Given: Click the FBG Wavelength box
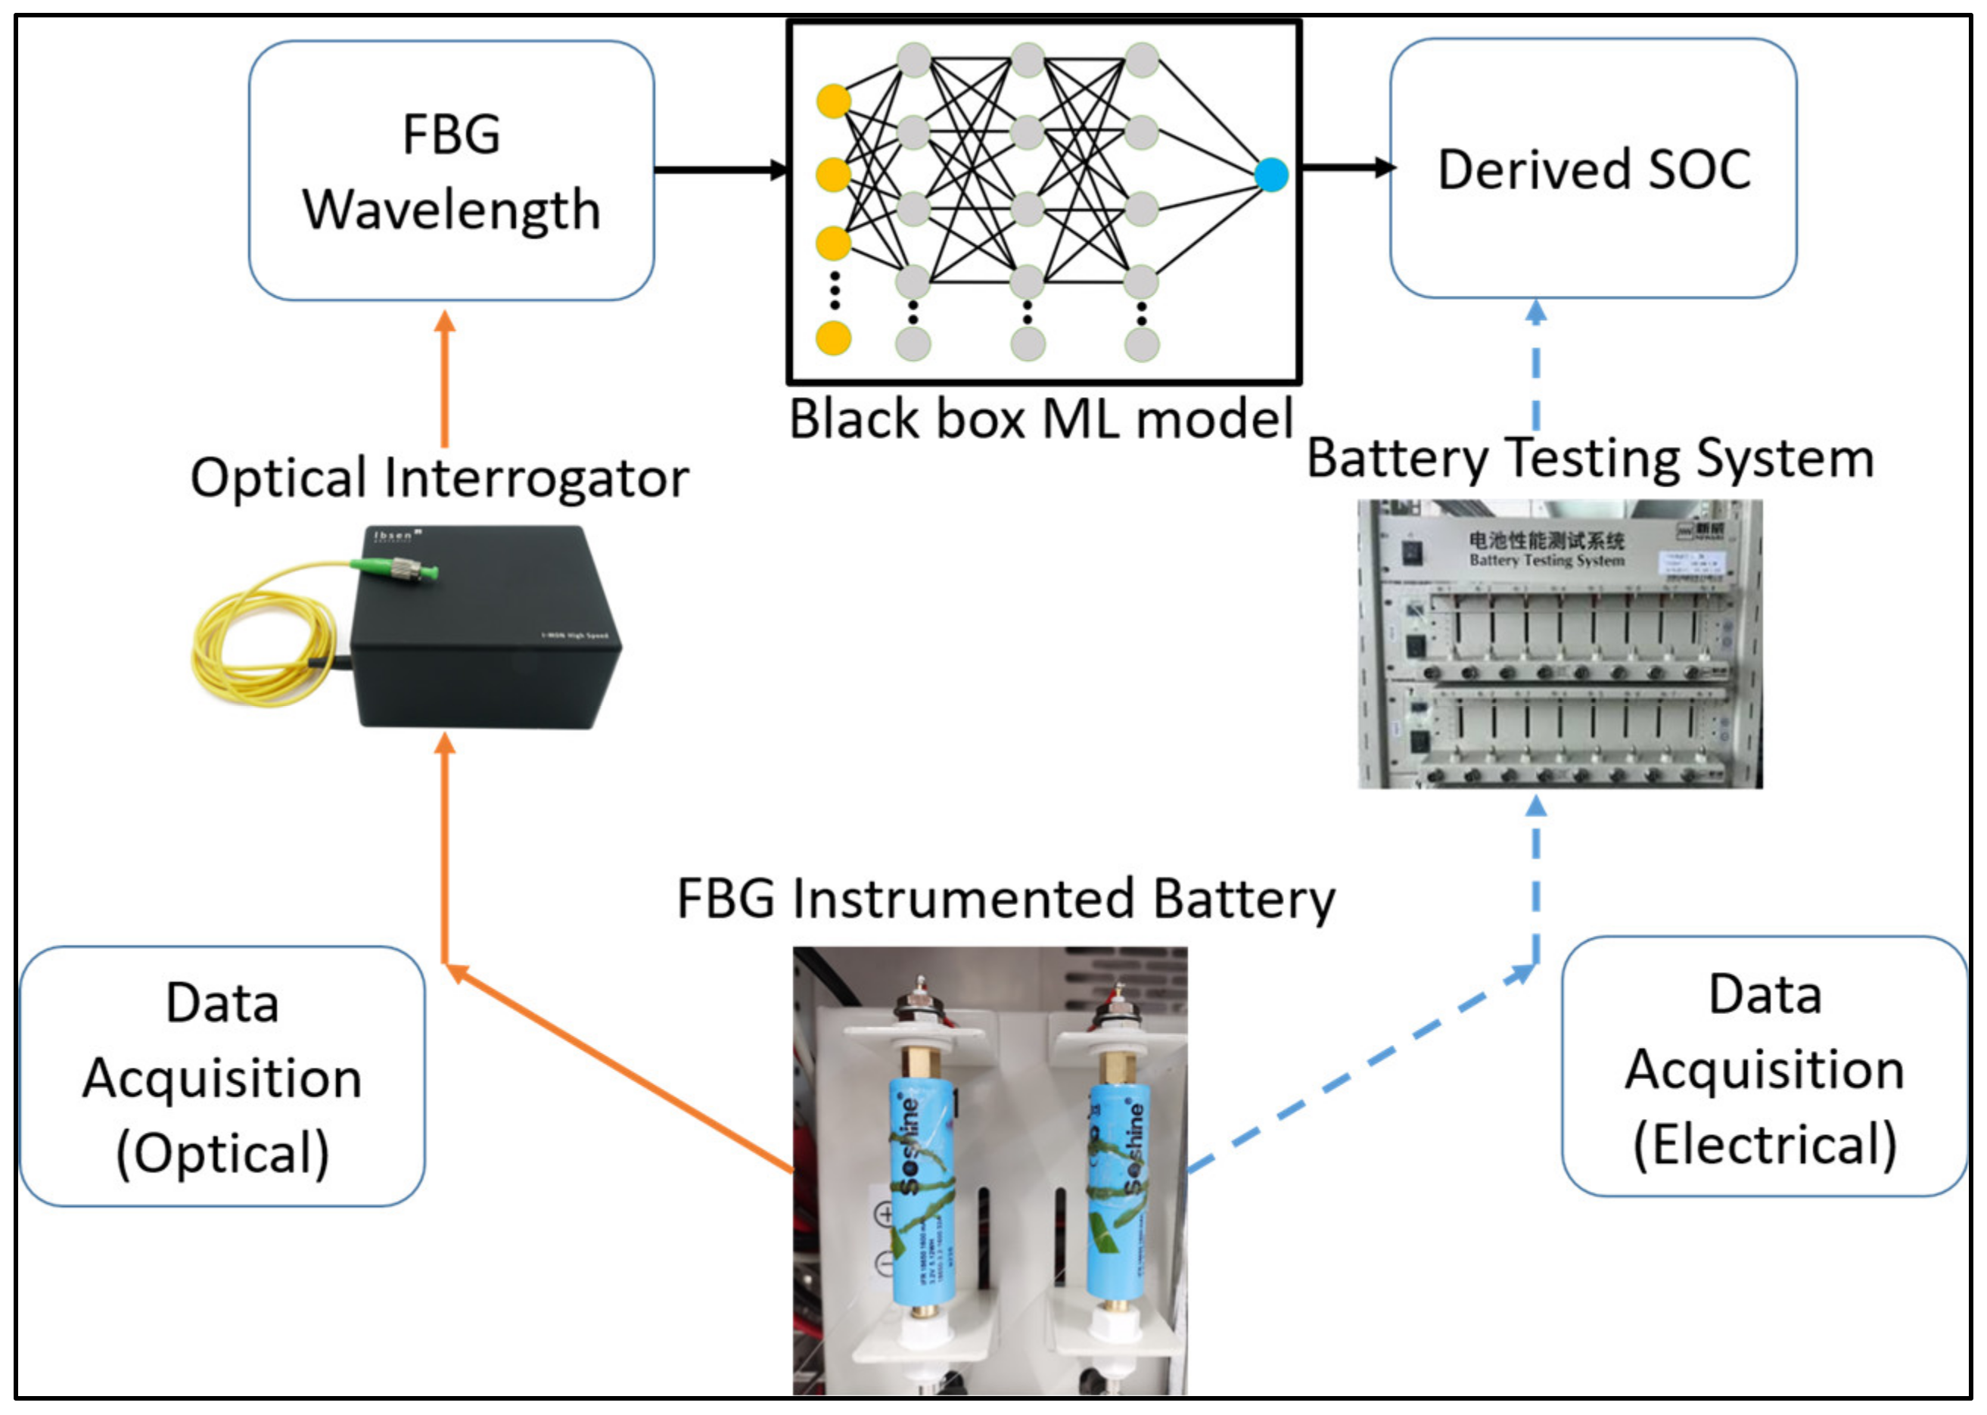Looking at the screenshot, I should tap(451, 171).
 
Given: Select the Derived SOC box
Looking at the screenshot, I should tap(1592, 168).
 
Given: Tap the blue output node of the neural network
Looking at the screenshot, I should tap(1271, 175).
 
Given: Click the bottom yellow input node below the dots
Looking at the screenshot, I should tap(833, 338).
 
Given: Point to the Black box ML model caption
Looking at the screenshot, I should tap(1041, 419).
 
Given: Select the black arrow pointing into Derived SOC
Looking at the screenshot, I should tap(1346, 167).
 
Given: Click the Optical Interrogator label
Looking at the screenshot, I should tap(440, 478).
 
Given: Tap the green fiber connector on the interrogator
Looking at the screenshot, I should tap(393, 569).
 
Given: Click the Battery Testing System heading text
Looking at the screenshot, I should tap(1591, 459).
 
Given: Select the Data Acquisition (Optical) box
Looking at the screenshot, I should tap(222, 1077).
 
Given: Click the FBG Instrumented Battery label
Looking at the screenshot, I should tap(1006, 899).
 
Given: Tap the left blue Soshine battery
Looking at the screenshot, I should tap(922, 1194).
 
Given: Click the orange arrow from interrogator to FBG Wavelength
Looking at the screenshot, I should tap(445, 384).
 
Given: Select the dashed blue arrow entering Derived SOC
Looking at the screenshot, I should tap(1536, 366).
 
